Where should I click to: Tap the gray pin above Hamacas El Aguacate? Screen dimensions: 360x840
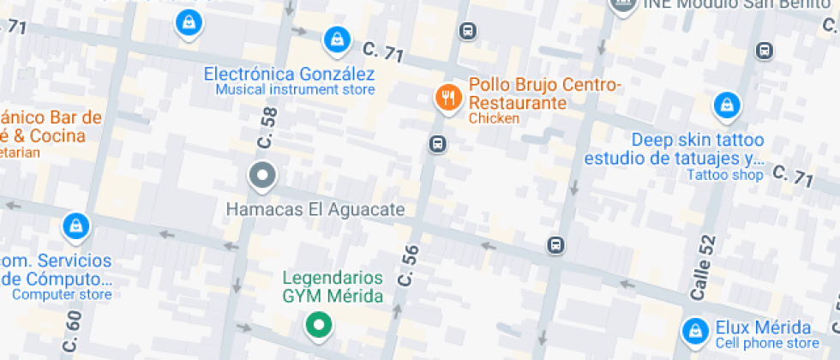click(262, 177)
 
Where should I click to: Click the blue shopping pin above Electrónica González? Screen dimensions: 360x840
click(335, 39)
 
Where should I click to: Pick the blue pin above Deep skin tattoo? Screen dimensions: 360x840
click(726, 106)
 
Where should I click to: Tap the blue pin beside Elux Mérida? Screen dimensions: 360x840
click(693, 330)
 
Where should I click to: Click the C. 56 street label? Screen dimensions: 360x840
click(409, 266)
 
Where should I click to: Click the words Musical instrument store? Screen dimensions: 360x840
click(295, 90)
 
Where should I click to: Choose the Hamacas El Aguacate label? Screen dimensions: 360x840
click(315, 208)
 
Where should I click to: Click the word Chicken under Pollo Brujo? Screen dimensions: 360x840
click(494, 118)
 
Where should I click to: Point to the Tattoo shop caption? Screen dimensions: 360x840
click(724, 175)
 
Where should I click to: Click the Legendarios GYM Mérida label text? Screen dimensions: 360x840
click(333, 287)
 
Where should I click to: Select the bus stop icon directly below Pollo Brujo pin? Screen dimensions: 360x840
click(437, 143)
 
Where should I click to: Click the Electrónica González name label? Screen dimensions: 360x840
click(289, 74)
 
